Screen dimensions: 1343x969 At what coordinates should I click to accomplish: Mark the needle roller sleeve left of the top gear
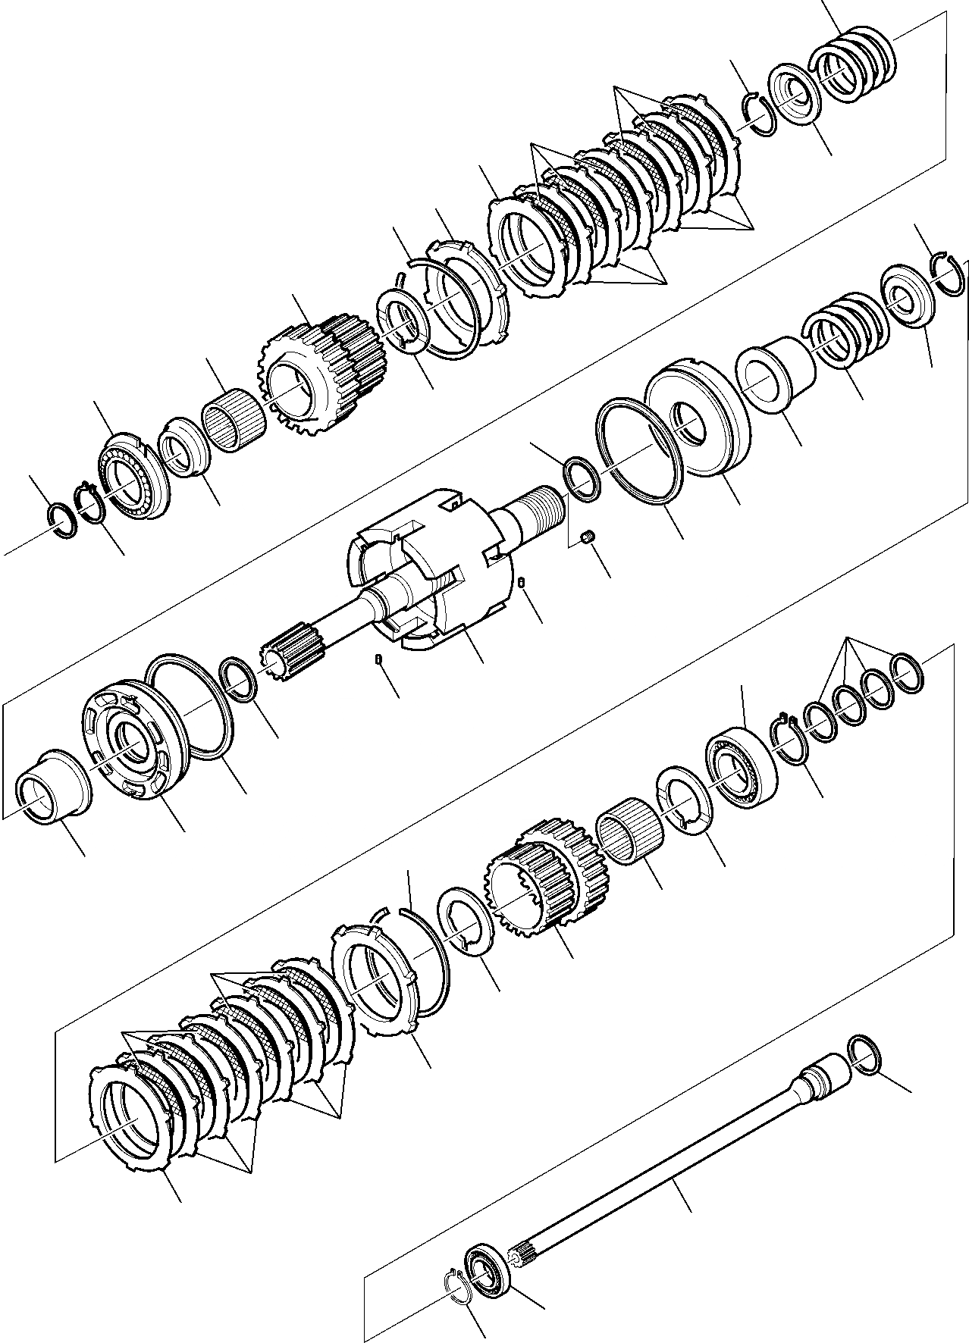pyautogui.click(x=234, y=421)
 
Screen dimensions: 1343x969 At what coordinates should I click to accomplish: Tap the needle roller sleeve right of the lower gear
pyautogui.click(x=630, y=837)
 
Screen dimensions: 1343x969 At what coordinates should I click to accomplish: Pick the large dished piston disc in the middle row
pyautogui.click(x=696, y=429)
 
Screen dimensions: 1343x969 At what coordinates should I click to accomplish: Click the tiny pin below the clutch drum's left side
pyautogui.click(x=378, y=662)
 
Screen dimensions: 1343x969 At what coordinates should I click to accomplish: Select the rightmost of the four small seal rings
pyautogui.click(x=906, y=672)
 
